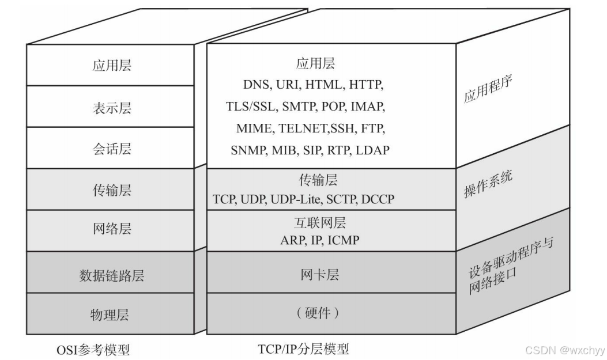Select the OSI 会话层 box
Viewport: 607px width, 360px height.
[x=111, y=148]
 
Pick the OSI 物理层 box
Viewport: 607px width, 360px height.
[x=111, y=314]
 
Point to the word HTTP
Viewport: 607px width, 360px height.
[x=364, y=85]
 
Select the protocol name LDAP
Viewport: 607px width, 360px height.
[x=372, y=150]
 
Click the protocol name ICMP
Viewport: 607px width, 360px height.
[x=343, y=240]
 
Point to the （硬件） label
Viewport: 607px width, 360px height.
[x=319, y=314]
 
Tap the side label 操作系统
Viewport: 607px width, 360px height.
[x=488, y=184]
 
